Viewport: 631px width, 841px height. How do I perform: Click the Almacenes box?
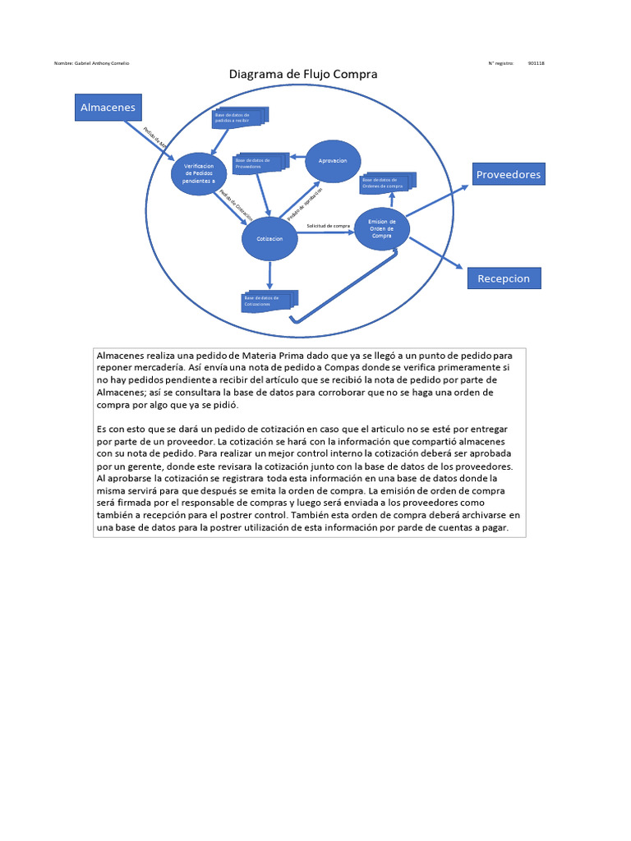pos(108,107)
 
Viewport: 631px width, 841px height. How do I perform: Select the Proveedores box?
pos(509,175)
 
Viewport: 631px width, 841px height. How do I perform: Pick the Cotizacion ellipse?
pos(269,239)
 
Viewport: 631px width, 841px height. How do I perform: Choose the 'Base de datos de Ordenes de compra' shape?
pos(387,182)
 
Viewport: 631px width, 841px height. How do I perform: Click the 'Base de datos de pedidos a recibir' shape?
pos(238,118)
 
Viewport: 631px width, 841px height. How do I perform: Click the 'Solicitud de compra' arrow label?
pos(329,225)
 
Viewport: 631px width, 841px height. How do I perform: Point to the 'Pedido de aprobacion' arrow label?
pos(303,203)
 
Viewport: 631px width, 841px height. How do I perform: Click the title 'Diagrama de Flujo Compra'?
pos(302,75)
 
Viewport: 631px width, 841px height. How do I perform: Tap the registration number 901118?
pos(537,63)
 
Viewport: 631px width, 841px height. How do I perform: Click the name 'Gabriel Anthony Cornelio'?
pos(99,63)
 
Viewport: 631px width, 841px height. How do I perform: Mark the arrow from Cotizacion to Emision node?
pos(325,233)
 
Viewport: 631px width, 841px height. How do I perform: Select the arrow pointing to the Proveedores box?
pos(440,200)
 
